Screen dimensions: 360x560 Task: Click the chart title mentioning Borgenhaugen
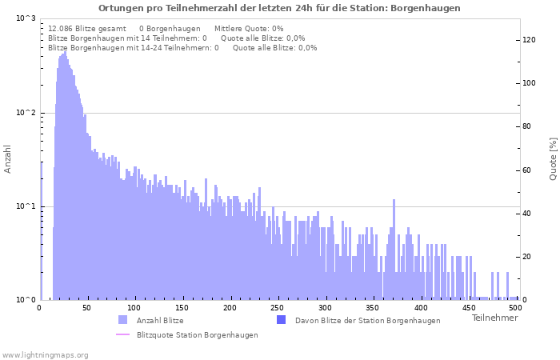click(x=279, y=8)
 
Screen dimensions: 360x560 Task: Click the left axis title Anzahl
click(x=8, y=158)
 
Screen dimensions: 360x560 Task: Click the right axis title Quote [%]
click(x=553, y=158)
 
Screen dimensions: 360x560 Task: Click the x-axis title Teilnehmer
click(x=494, y=318)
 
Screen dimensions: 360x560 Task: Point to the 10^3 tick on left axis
click(x=26, y=18)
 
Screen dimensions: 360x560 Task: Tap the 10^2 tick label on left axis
click(x=26, y=113)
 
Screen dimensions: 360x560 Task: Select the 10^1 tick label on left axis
click(x=26, y=206)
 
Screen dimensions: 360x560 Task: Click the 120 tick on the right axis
click(x=529, y=40)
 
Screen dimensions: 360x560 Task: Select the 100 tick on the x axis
click(x=134, y=307)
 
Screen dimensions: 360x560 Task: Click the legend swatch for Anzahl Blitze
click(x=122, y=320)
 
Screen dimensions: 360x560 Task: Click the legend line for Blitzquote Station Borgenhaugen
click(x=122, y=335)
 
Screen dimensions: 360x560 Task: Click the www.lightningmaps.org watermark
click(x=46, y=354)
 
